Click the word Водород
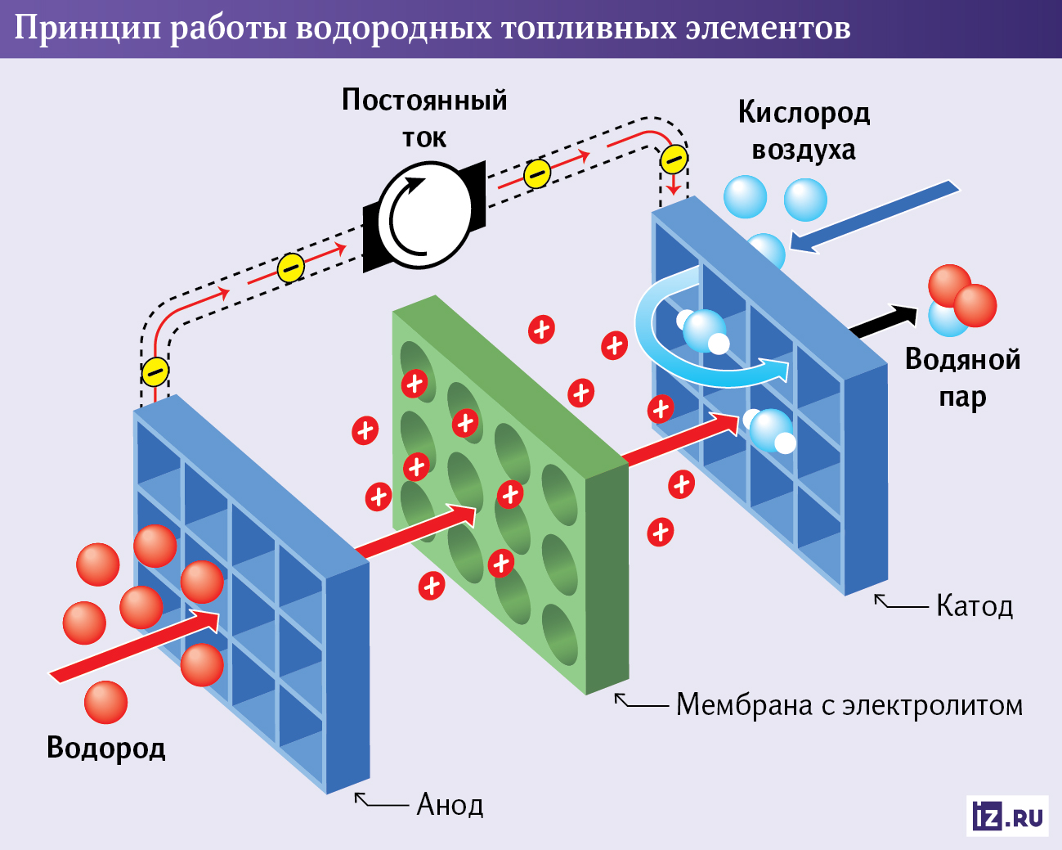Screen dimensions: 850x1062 [105, 748]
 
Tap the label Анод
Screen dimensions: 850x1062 [450, 805]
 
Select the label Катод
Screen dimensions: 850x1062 [975, 606]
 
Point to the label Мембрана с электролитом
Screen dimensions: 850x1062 [849, 705]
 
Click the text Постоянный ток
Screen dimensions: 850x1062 [424, 118]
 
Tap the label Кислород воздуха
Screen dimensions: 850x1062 [804, 131]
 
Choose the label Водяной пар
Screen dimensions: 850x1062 [962, 378]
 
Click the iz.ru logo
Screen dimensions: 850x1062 [1007, 816]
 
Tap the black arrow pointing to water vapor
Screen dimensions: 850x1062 [883, 320]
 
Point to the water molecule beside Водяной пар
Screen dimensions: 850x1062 [961, 301]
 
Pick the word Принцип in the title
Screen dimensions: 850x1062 [87, 29]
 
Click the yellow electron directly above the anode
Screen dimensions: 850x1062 [155, 371]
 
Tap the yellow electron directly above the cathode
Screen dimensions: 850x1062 [674, 159]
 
